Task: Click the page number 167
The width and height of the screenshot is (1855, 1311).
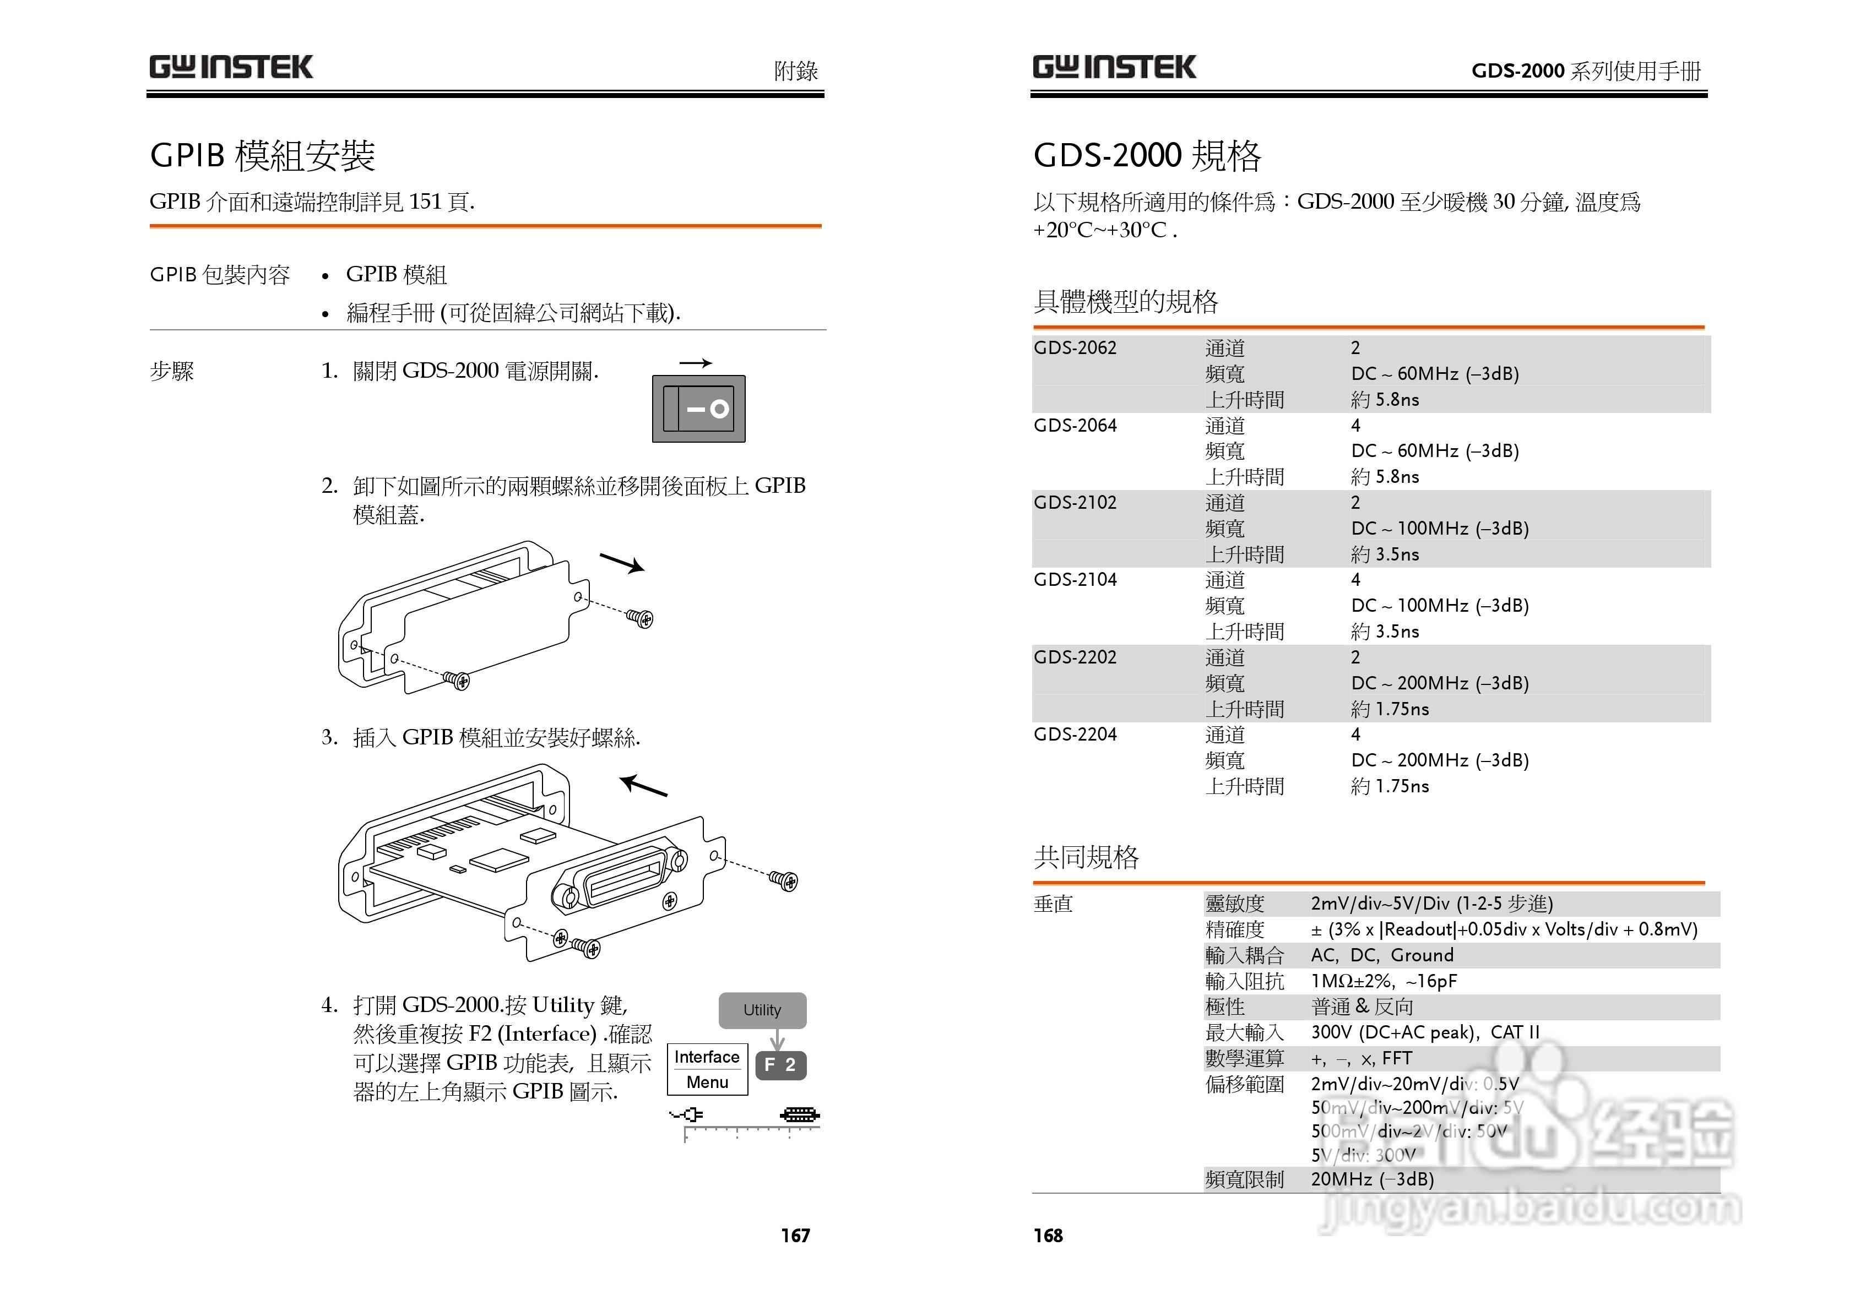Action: tap(795, 1235)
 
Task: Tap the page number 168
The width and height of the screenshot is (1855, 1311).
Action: tap(1048, 1235)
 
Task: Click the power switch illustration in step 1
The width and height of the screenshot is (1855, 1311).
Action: tap(698, 409)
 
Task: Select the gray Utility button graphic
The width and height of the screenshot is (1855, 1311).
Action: tap(762, 1010)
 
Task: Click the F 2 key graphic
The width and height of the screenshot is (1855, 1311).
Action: tap(780, 1065)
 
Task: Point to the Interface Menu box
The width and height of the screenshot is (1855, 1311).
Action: tap(707, 1069)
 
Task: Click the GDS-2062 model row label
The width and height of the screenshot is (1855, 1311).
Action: tap(1075, 348)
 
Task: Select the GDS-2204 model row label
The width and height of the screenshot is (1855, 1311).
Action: tap(1075, 735)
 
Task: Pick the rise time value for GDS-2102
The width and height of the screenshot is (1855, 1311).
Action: tap(1385, 554)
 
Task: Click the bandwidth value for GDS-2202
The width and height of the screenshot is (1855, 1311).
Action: tap(1440, 683)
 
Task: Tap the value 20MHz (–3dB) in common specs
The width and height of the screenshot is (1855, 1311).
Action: tap(1372, 1179)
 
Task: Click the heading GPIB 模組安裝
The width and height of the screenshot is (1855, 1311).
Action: tap(263, 155)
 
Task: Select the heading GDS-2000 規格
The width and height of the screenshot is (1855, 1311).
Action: tap(1147, 155)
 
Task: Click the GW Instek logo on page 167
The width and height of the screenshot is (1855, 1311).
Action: tap(231, 67)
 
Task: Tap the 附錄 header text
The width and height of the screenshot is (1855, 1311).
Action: tap(796, 71)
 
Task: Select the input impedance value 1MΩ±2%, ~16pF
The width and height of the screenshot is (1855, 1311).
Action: tap(1383, 981)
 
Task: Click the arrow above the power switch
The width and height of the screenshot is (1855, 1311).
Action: tap(695, 363)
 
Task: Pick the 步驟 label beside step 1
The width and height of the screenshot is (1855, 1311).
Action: tap(172, 372)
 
